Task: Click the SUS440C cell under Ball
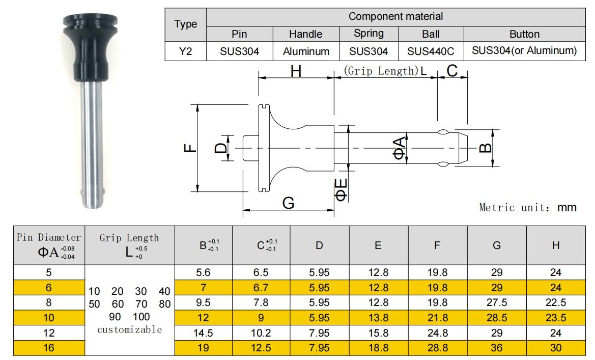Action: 431,51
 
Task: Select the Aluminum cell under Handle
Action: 306,51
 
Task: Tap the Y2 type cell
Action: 186,51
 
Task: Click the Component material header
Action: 396,17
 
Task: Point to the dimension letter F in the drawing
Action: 190,148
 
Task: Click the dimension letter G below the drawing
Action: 289,203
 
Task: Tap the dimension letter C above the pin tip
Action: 452,71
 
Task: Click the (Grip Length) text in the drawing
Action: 381,71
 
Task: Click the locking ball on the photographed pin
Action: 84,192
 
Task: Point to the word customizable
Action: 130,329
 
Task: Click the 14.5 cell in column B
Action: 203,333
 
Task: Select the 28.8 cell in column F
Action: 438,348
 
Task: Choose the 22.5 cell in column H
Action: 555,302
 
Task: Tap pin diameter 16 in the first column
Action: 48,348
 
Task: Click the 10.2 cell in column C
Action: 261,333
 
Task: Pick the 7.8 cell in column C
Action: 261,302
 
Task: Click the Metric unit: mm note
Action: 528,207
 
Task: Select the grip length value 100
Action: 141,317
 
